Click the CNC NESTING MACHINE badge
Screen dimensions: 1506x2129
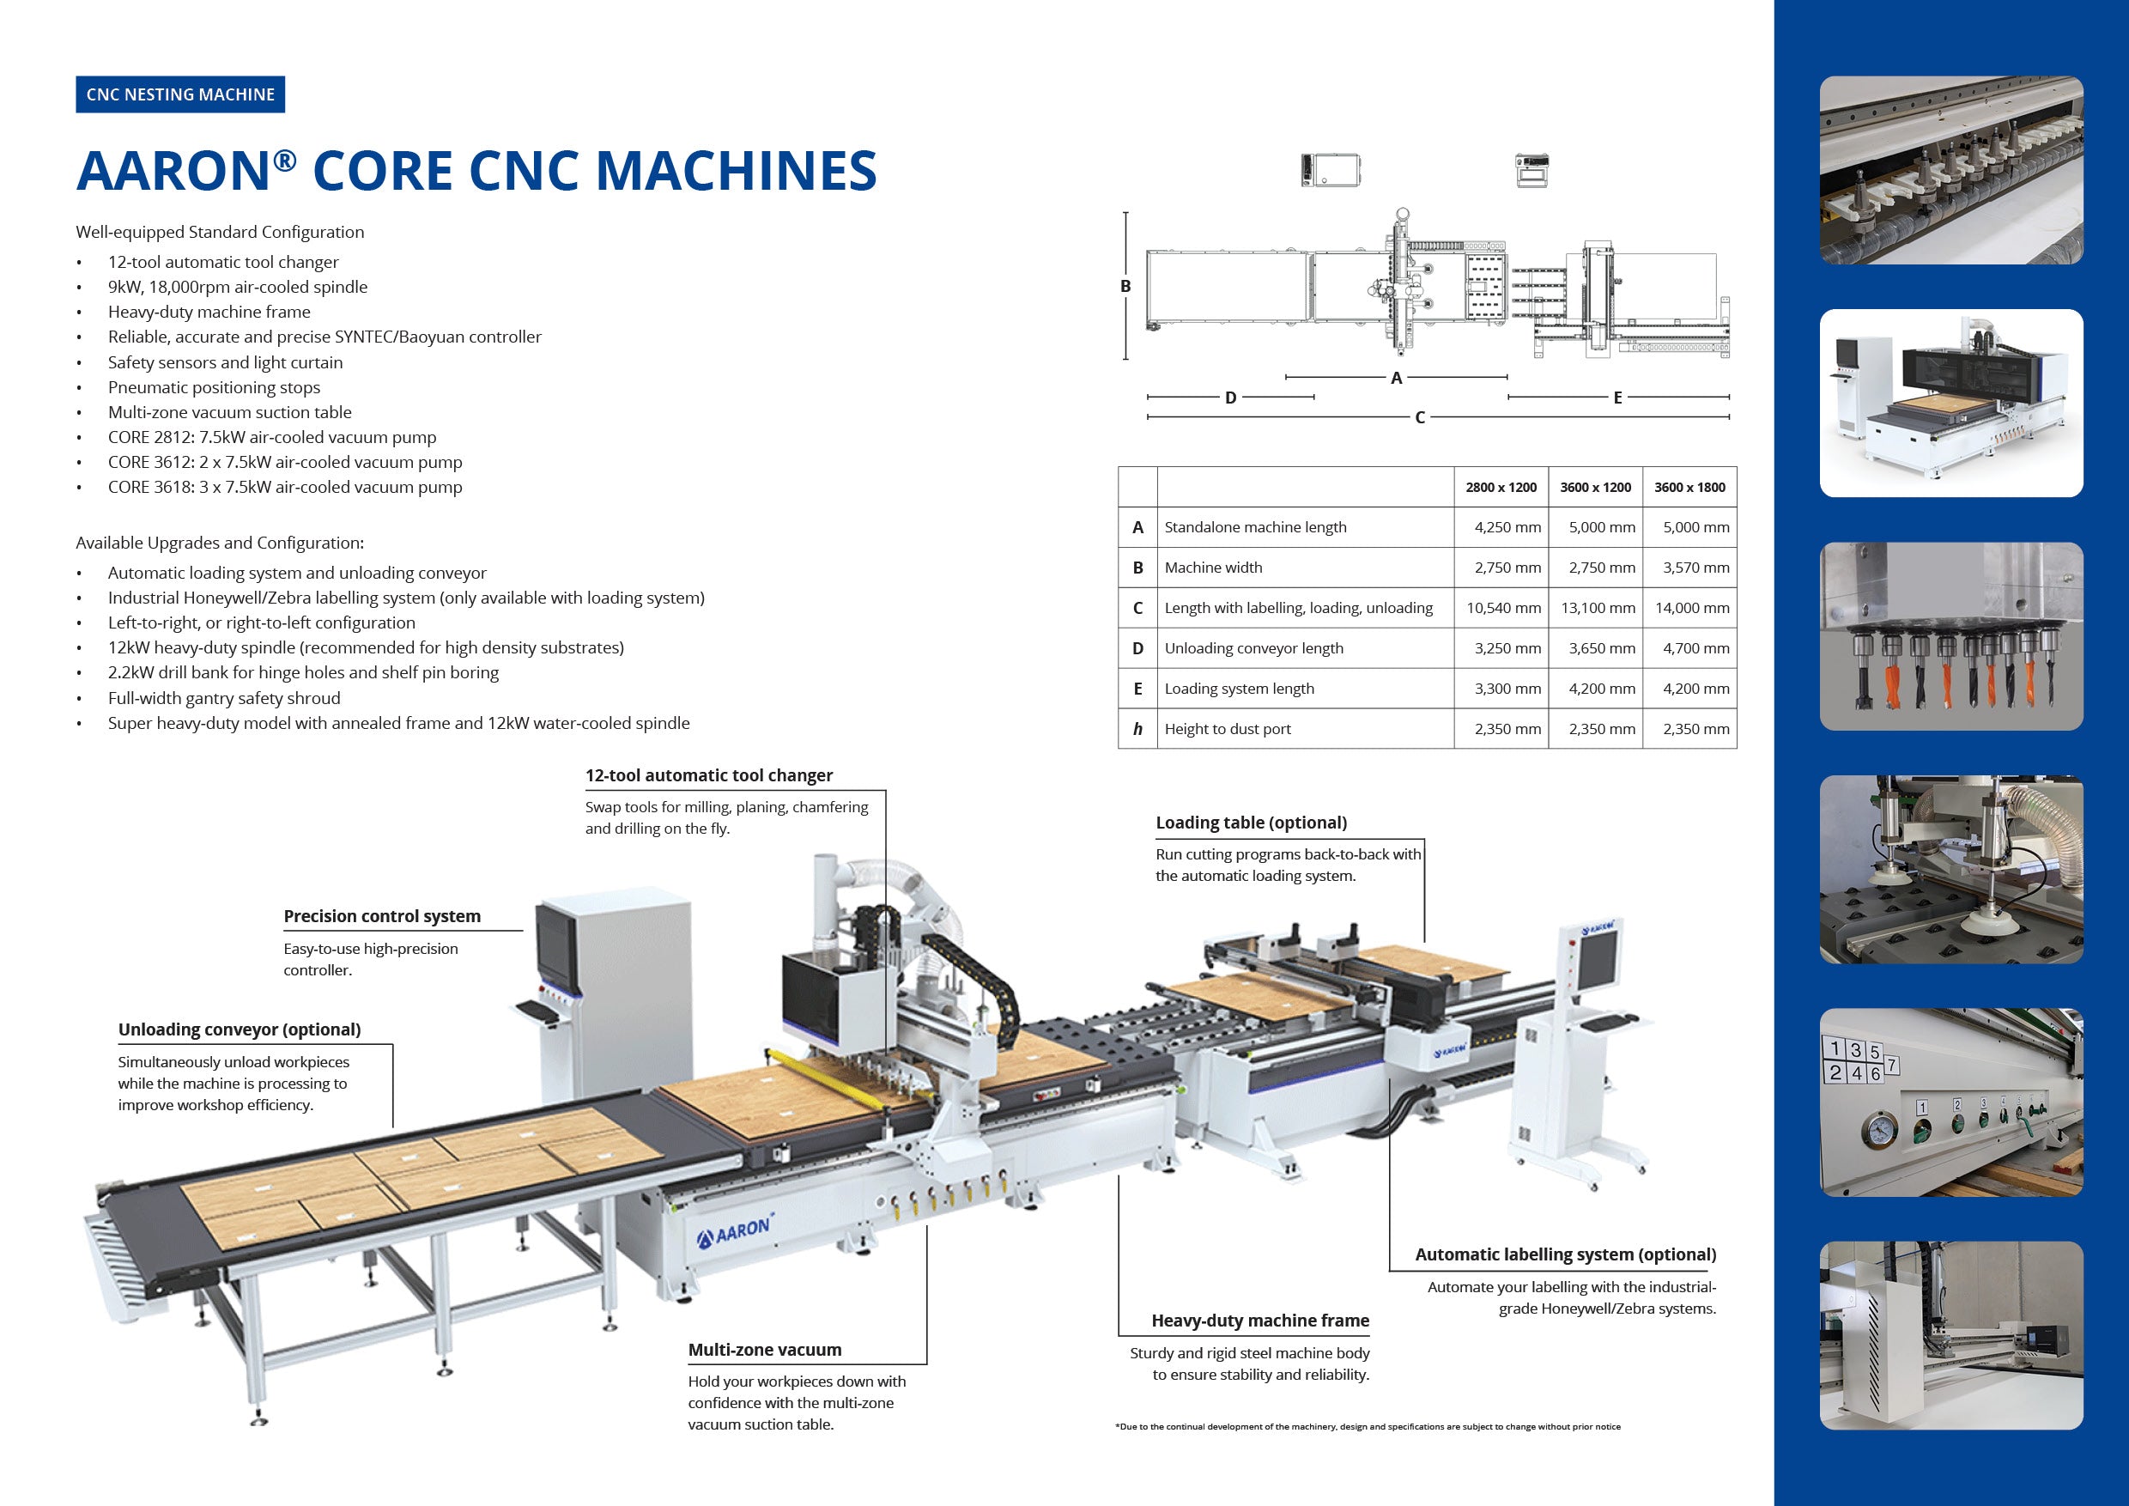(180, 94)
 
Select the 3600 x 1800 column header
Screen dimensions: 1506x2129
(1689, 488)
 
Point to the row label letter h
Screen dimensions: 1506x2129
(1137, 730)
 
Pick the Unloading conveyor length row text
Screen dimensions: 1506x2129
(1253, 648)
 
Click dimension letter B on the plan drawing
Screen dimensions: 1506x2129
(1125, 287)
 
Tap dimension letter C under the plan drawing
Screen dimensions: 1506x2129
(1420, 418)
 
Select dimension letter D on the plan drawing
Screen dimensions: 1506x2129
(1230, 398)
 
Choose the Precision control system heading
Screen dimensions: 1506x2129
(382, 916)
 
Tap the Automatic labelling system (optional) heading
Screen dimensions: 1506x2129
(1565, 1254)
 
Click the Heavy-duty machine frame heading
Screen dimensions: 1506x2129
(1260, 1321)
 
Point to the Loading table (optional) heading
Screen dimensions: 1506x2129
(1251, 823)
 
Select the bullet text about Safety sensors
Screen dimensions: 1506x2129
(225, 362)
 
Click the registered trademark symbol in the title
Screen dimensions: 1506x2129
(285, 161)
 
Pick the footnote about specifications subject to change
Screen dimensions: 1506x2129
(1368, 1427)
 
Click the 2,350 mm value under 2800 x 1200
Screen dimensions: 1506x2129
(1507, 730)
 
